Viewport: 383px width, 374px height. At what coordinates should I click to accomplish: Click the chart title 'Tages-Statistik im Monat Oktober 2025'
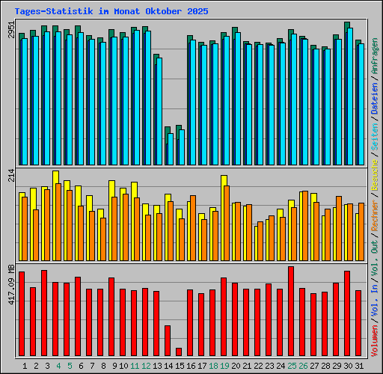pyautogui.click(x=111, y=12)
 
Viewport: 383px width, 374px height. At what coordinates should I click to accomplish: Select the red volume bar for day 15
pyautogui.click(x=179, y=352)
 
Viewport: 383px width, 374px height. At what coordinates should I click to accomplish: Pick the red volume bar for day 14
pyautogui.click(x=168, y=340)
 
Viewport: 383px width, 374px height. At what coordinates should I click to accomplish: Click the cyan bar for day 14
pyautogui.click(x=171, y=149)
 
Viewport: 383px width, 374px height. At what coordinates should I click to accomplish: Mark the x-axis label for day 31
pyautogui.click(x=360, y=365)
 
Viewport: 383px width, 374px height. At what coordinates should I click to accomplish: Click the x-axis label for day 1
pyautogui.click(x=25, y=365)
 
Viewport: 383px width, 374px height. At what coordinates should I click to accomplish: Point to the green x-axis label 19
pyautogui.click(x=224, y=365)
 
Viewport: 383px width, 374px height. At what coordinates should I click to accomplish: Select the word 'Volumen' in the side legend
pyautogui.click(x=375, y=341)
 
